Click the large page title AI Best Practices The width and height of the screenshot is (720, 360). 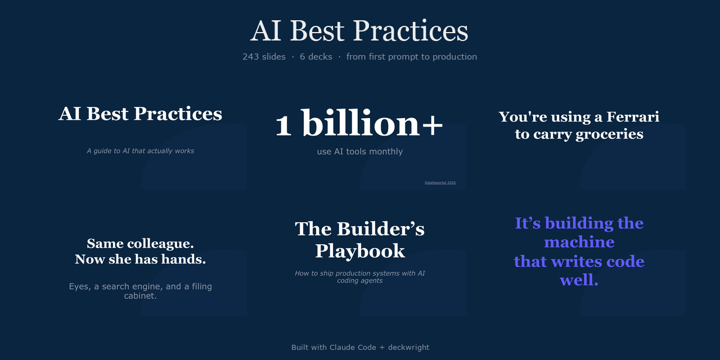359,31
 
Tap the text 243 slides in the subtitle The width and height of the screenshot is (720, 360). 264,57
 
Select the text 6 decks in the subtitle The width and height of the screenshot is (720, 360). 316,57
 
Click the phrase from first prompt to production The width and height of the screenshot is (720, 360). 411,57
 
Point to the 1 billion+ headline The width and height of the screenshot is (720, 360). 359,124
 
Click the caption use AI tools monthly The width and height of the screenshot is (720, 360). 359,151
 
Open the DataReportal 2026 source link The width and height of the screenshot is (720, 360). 440,183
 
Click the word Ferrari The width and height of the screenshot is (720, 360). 632,117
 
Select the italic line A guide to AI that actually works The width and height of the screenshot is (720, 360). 140,151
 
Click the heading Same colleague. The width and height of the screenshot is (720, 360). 140,244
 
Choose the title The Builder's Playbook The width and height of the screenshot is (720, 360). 359,240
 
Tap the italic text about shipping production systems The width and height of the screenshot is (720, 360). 359,277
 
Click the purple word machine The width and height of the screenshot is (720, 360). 579,242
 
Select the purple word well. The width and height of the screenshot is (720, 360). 579,280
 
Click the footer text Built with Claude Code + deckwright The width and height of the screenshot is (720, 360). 360,348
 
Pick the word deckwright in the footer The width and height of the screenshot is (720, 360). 408,348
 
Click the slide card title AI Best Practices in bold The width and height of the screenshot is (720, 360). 140,114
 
